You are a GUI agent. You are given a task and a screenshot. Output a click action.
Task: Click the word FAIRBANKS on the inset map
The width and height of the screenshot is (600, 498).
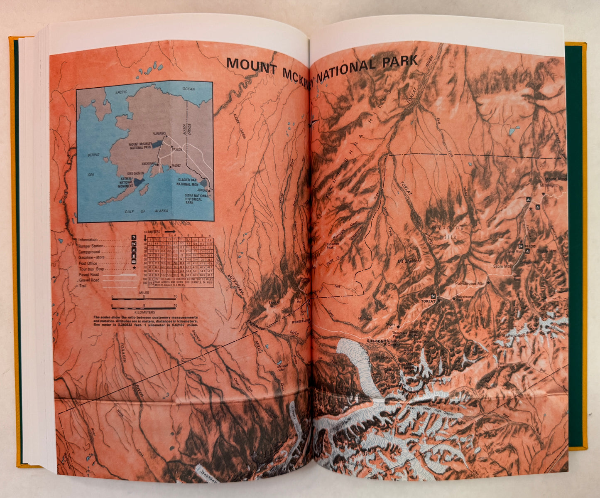pos(159,133)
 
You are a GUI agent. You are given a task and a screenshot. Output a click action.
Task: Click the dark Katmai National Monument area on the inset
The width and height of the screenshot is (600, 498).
pos(138,182)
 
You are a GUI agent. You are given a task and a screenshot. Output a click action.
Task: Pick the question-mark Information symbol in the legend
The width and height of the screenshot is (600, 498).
pos(134,238)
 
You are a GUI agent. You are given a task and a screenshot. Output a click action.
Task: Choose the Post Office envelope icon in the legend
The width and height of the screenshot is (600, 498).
pos(134,261)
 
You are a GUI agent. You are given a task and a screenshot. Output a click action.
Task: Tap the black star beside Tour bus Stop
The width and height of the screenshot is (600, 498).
pos(134,268)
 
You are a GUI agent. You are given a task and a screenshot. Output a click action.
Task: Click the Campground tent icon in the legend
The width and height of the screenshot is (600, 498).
pos(134,250)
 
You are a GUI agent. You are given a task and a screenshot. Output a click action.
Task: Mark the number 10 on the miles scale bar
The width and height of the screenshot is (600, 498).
pos(175,296)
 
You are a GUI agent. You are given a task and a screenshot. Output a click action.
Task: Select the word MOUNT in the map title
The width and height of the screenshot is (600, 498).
pos(251,64)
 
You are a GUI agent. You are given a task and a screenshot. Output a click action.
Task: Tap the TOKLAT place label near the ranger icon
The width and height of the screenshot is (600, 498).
pos(427,301)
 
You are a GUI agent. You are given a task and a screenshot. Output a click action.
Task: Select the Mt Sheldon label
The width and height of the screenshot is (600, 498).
pos(409,261)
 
